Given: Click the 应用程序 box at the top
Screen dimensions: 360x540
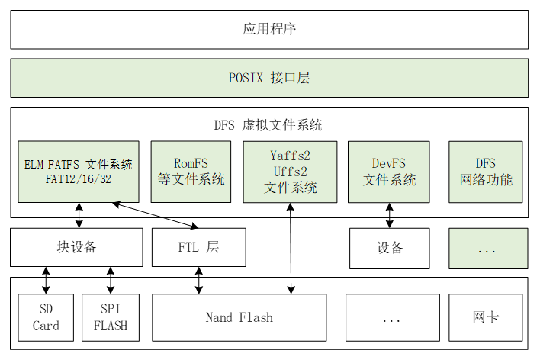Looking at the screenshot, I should [x=269, y=30].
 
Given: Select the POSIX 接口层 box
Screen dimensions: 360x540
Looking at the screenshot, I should [x=269, y=78].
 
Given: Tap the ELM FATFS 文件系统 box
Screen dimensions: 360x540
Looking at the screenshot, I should [x=79, y=172].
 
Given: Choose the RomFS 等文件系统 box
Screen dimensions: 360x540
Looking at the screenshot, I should [x=191, y=172].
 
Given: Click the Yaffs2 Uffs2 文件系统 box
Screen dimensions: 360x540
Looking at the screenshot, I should [x=290, y=172].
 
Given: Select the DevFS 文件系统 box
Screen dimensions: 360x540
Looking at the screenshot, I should [x=390, y=172].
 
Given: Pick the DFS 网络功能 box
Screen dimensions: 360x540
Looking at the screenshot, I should [x=486, y=172].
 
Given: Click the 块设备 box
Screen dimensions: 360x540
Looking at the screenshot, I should [x=76, y=248].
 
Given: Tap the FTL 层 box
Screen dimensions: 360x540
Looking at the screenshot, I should [x=198, y=248].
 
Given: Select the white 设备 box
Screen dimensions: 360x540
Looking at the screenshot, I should [x=390, y=248].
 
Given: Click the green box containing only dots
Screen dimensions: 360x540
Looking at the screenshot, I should [x=487, y=248].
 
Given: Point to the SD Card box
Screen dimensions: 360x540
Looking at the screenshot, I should [x=46, y=317].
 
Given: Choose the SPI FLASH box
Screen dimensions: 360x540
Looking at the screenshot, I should [x=110, y=317].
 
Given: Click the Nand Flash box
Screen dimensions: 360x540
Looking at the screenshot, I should [x=239, y=317].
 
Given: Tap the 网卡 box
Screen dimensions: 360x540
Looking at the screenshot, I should [x=486, y=317].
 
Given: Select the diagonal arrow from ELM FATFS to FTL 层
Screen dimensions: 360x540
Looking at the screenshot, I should [x=156, y=215].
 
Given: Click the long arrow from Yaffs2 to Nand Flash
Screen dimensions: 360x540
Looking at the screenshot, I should [x=290, y=252].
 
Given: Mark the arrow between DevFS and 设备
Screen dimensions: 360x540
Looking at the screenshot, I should [x=390, y=215].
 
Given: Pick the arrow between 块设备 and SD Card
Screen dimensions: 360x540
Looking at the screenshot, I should [x=46, y=280].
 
